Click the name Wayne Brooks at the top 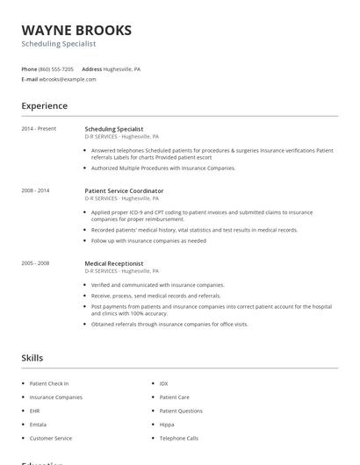point(76,30)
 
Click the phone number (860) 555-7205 point(57,68)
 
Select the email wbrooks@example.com point(68,79)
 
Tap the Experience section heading point(45,106)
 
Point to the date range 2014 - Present point(39,129)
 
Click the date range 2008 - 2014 point(35,190)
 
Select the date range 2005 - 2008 point(35,263)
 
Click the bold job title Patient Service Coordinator point(124,190)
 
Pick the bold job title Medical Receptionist point(114,263)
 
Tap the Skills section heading point(32,358)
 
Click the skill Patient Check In point(49,383)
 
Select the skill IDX point(163,383)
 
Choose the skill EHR point(35,411)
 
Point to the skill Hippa point(167,424)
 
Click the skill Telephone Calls point(179,438)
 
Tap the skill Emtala point(39,424)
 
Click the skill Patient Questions point(181,411)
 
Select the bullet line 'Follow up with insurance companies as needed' point(149,240)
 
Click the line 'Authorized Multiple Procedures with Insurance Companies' point(163,168)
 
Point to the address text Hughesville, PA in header point(122,68)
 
